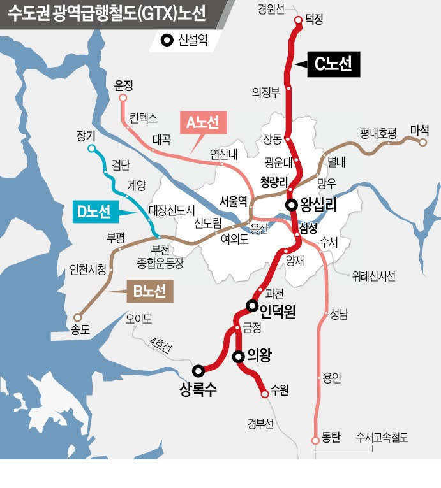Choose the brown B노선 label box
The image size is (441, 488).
point(149,292)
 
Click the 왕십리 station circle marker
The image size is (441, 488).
point(291,205)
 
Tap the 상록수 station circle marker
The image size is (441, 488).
point(198,370)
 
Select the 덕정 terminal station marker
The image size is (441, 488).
point(298,20)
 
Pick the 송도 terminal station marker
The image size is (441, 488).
point(78,317)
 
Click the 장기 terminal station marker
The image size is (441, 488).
point(91,149)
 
